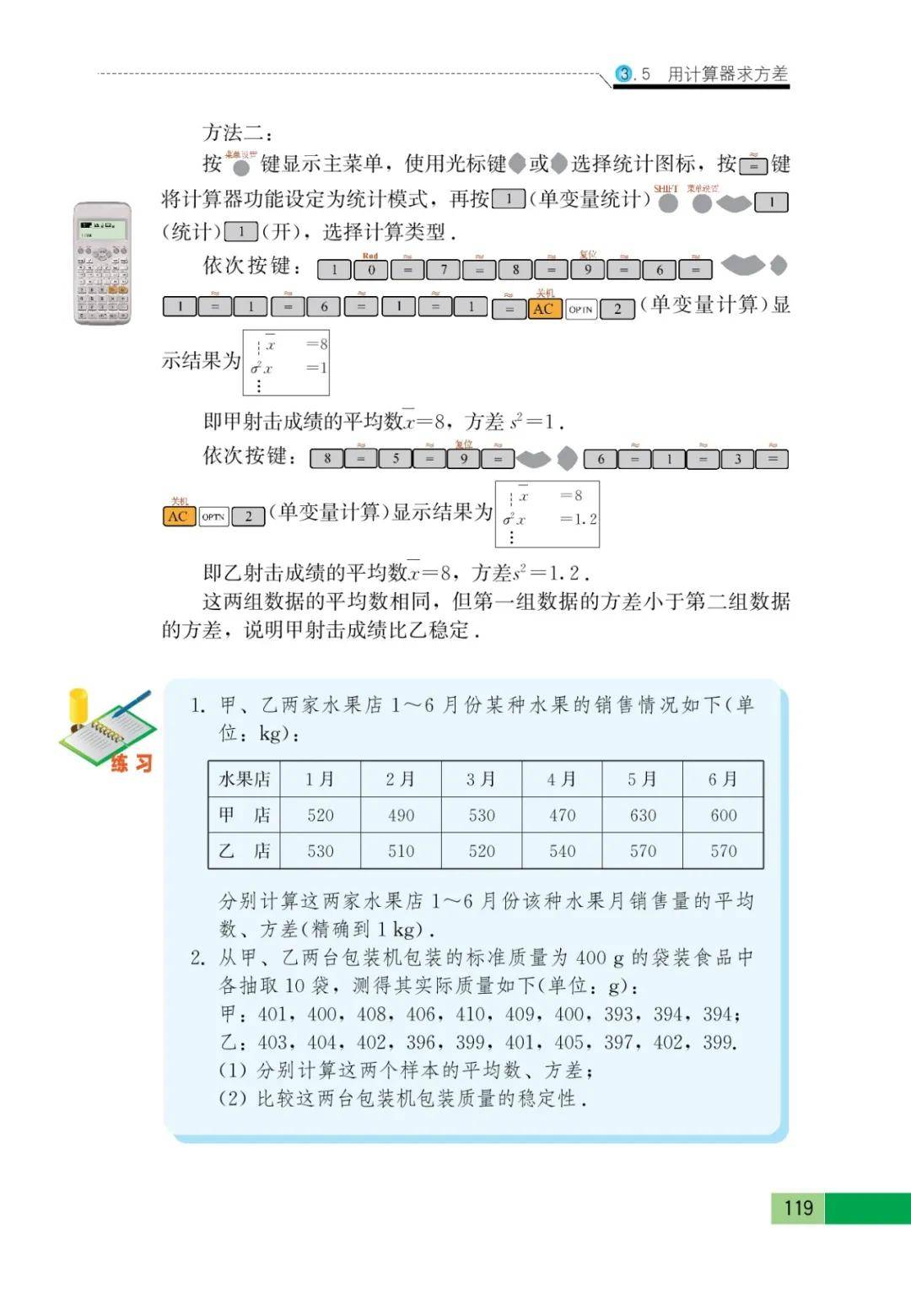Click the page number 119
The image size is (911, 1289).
pos(798,1207)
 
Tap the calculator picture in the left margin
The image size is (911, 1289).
pos(102,263)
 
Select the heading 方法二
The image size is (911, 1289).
pos(238,132)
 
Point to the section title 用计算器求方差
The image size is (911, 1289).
pos(727,74)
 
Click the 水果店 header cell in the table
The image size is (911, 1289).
pos(245,779)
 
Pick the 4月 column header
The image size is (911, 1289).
pos(562,779)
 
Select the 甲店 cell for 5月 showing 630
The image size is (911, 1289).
pos(643,815)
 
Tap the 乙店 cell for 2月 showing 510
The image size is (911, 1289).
pos(401,851)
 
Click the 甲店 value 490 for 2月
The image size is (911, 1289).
pos(401,815)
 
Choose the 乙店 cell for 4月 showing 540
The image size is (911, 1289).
pos(562,851)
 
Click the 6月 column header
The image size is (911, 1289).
pos(723,779)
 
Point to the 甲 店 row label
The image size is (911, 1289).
pos(245,815)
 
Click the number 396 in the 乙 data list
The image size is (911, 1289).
pos(421,1043)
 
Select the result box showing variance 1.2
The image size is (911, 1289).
pos(547,514)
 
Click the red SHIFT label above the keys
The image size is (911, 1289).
pos(666,188)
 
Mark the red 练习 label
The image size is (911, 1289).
pos(132,763)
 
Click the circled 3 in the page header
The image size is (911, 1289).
pos(623,74)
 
